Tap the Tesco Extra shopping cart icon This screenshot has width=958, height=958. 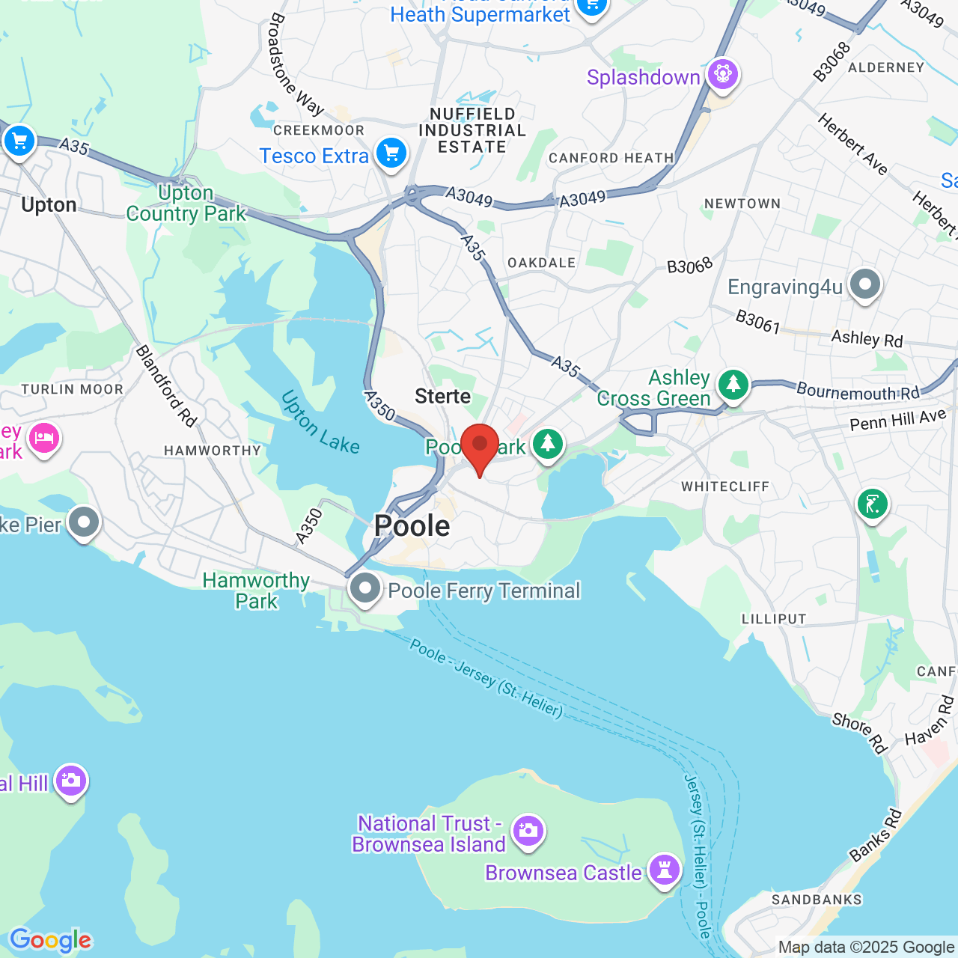(x=391, y=154)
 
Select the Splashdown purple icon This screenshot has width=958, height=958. (x=723, y=75)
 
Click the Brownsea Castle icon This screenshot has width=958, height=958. (x=664, y=870)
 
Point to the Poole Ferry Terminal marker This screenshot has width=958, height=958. (x=365, y=589)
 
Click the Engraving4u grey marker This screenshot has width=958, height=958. (x=865, y=285)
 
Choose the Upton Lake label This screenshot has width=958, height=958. (x=320, y=423)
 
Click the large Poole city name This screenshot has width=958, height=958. (x=412, y=526)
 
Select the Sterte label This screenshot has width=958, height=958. (x=443, y=397)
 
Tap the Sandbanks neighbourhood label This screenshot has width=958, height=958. (x=817, y=900)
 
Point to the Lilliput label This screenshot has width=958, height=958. (x=774, y=619)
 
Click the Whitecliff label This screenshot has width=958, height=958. (x=725, y=486)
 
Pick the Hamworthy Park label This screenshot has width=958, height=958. (x=256, y=591)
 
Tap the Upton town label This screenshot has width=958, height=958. (x=49, y=205)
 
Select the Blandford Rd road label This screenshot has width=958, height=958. (x=166, y=386)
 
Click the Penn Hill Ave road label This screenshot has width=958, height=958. (x=898, y=421)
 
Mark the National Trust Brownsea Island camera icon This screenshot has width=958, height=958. (x=528, y=830)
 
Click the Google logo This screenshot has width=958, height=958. (x=50, y=940)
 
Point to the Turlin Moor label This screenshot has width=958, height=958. (x=72, y=389)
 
